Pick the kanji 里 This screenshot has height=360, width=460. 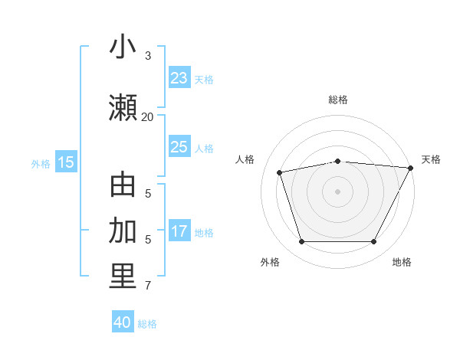(123, 277)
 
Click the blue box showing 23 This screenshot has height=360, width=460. (179, 78)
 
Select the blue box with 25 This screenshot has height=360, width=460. (179, 147)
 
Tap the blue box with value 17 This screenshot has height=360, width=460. (179, 231)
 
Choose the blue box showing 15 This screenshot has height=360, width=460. (66, 162)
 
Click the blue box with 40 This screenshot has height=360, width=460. (123, 322)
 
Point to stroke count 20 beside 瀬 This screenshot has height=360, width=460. (147, 116)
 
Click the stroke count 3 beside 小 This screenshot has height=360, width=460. (148, 56)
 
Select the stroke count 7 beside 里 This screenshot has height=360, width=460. (148, 286)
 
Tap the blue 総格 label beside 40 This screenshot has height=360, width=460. (147, 324)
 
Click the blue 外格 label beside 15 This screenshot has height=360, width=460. (41, 163)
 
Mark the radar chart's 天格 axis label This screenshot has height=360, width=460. (431, 159)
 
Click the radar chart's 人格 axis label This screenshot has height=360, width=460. (245, 159)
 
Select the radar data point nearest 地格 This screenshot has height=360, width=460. (374, 242)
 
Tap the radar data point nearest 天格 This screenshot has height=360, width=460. (412, 167)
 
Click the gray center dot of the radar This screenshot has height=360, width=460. (337, 191)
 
